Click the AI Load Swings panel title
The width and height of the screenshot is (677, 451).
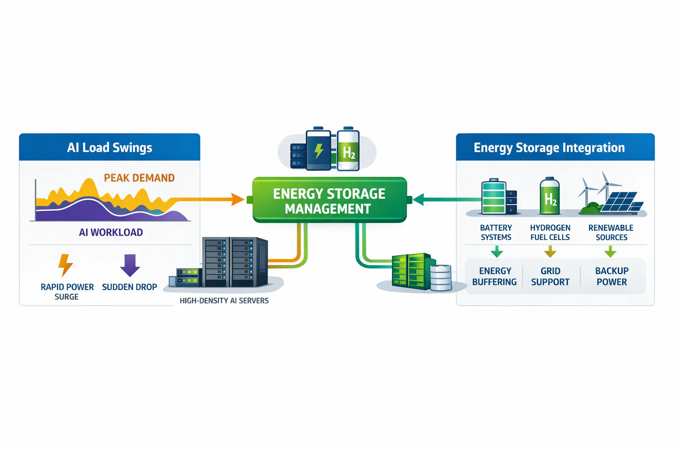click(x=109, y=148)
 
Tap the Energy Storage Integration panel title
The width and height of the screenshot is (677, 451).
click(x=549, y=148)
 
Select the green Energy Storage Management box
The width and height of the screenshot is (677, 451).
click(x=329, y=200)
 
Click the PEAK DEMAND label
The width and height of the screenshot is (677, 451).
click(x=139, y=178)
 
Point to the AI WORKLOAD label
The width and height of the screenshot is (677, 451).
click(x=111, y=233)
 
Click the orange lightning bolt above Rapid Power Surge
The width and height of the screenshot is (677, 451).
click(x=65, y=265)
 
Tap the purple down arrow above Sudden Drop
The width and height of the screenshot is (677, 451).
click(x=130, y=265)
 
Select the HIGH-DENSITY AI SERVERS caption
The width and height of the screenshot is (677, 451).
click(x=224, y=301)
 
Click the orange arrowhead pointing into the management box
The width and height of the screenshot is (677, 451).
click(x=238, y=200)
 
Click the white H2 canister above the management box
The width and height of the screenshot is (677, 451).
click(x=348, y=150)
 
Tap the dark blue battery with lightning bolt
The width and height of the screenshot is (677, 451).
click(x=319, y=150)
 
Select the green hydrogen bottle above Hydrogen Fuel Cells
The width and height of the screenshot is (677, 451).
click(x=550, y=196)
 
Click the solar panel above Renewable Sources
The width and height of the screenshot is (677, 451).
click(x=621, y=202)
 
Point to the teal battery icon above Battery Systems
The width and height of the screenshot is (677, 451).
click(x=494, y=197)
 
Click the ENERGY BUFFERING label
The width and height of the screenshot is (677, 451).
click(x=495, y=277)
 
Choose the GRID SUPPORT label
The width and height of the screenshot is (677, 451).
click(x=550, y=277)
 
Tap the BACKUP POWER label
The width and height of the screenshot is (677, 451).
click(x=612, y=277)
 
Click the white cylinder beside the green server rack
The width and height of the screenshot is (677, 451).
click(x=440, y=277)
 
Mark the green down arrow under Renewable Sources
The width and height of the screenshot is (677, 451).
click(x=610, y=252)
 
